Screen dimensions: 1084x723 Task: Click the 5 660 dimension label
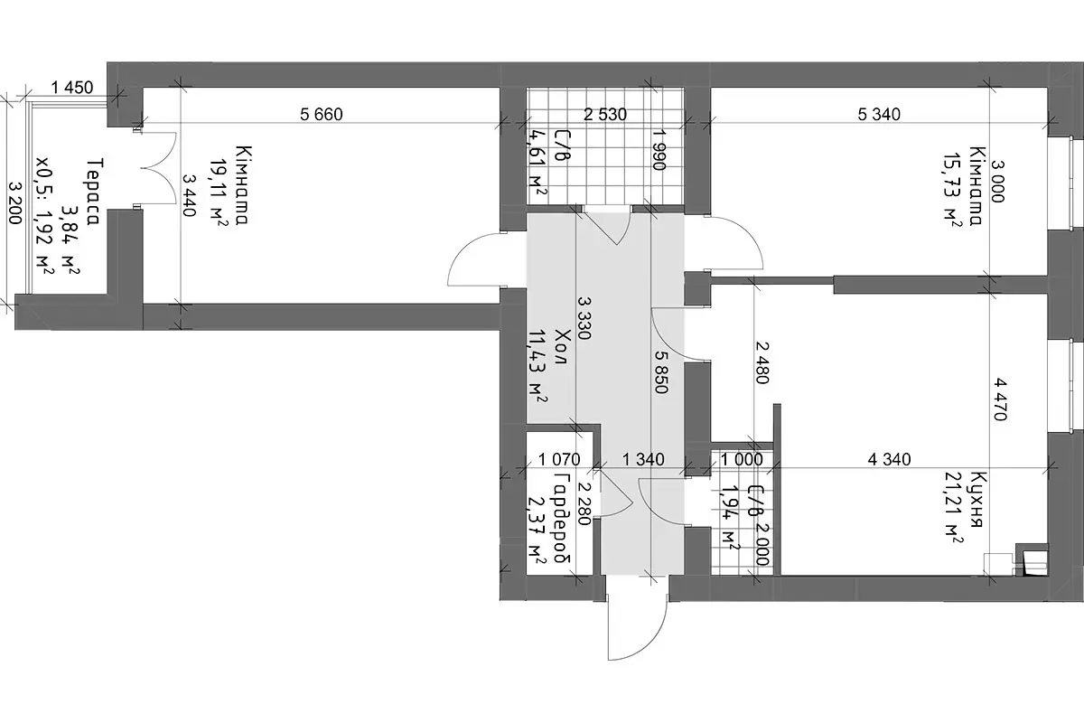322,114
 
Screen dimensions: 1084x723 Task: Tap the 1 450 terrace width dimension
72,88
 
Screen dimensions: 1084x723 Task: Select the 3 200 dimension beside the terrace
15,203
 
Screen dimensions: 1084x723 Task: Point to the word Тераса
92,192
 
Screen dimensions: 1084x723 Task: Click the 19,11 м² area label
219,192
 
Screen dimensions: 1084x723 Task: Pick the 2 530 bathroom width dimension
605,114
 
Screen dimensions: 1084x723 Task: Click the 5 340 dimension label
879,114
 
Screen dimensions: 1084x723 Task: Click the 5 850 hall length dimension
661,371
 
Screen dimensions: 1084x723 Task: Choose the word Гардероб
562,518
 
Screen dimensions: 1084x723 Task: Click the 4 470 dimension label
999,399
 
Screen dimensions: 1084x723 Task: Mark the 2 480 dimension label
762,362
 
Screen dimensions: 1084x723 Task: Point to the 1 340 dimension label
643,459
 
